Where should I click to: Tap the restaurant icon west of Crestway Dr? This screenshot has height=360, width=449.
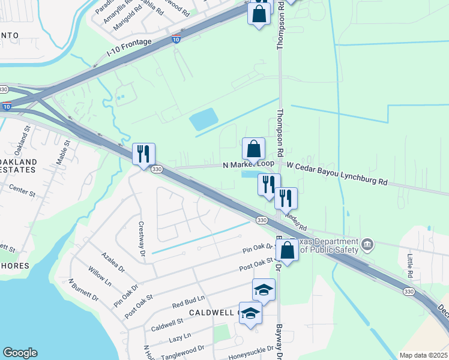coord(143,154)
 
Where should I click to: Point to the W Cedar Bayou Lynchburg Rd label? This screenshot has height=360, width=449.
coord(337,173)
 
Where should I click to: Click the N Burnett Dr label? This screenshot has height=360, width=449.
coord(83,289)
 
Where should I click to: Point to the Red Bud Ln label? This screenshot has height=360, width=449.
coord(188,301)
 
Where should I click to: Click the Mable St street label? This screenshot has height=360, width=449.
coord(63,151)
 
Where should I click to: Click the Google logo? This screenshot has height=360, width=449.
coord(20,353)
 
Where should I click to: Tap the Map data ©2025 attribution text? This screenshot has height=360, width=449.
coord(423,355)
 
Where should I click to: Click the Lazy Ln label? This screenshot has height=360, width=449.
coord(179,337)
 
